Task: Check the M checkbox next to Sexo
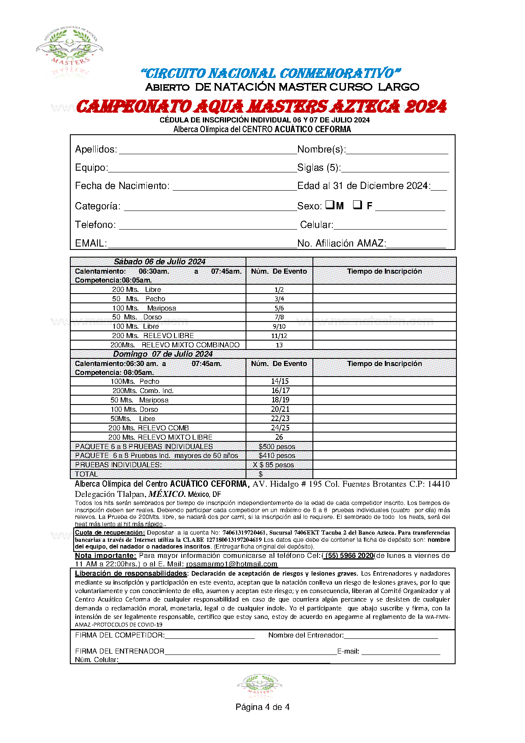tap(330, 205)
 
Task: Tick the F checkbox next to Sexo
tap(358, 205)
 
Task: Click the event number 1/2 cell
tap(279, 290)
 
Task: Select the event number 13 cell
tap(279, 345)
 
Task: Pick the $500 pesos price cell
tap(277, 446)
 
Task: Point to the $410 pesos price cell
tap(277, 456)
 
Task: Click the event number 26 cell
tap(279, 437)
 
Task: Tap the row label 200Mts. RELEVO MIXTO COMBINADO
tap(175, 345)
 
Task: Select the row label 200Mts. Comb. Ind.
tap(143, 391)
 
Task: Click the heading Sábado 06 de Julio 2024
tap(160, 262)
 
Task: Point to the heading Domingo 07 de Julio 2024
tap(163, 354)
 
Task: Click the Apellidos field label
tap(96, 150)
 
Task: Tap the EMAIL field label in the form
tap(91, 244)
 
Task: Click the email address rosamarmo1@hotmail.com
tap(232, 564)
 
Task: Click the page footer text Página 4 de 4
tap(262, 707)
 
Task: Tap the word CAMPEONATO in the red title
tap(133, 107)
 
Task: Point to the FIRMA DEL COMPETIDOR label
tap(120, 635)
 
